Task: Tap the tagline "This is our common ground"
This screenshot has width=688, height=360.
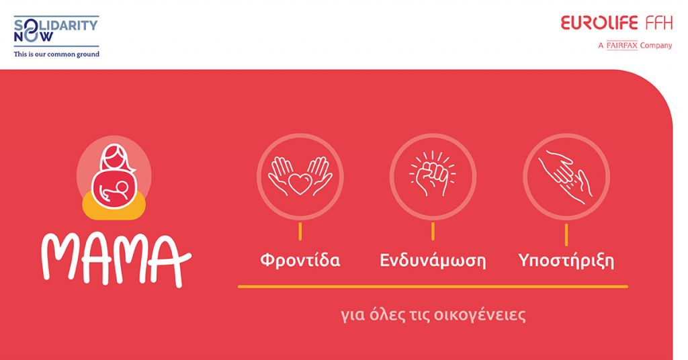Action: [56, 54]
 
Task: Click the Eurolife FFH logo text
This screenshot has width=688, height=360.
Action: [617, 23]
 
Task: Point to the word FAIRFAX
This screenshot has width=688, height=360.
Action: [621, 45]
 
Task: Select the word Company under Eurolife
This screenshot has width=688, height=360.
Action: [656, 46]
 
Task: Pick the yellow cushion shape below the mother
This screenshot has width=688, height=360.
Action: [114, 206]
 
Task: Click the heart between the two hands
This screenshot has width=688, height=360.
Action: [300, 184]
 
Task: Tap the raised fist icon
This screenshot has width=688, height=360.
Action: [433, 174]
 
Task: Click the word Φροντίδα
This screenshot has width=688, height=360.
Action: [300, 260]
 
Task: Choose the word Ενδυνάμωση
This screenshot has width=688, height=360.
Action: [433, 261]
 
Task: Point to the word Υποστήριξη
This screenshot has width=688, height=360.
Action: [566, 261]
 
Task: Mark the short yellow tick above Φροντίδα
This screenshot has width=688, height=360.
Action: [300, 231]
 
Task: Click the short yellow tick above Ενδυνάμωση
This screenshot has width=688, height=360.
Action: [433, 231]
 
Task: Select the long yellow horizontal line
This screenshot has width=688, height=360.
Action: [433, 287]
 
